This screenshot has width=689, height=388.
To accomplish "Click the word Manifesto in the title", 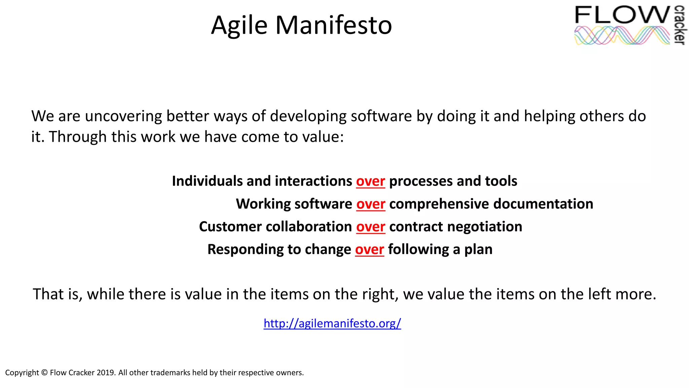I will [333, 25].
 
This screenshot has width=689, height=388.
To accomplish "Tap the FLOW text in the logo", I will [622, 15].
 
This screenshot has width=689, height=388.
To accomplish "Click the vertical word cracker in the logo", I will [680, 25].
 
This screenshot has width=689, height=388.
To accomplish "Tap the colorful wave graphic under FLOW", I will [622, 35].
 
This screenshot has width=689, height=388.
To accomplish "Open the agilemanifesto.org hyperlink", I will [332, 323].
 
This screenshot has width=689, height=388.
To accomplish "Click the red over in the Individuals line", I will [370, 181].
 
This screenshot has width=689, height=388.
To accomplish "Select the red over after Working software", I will [370, 204].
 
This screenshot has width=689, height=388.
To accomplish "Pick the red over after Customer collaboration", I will [370, 227].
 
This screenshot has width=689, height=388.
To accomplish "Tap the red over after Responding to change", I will [369, 250].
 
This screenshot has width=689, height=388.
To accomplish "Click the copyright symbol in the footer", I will [44, 373].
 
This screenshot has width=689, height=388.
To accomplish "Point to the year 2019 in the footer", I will [106, 373].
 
